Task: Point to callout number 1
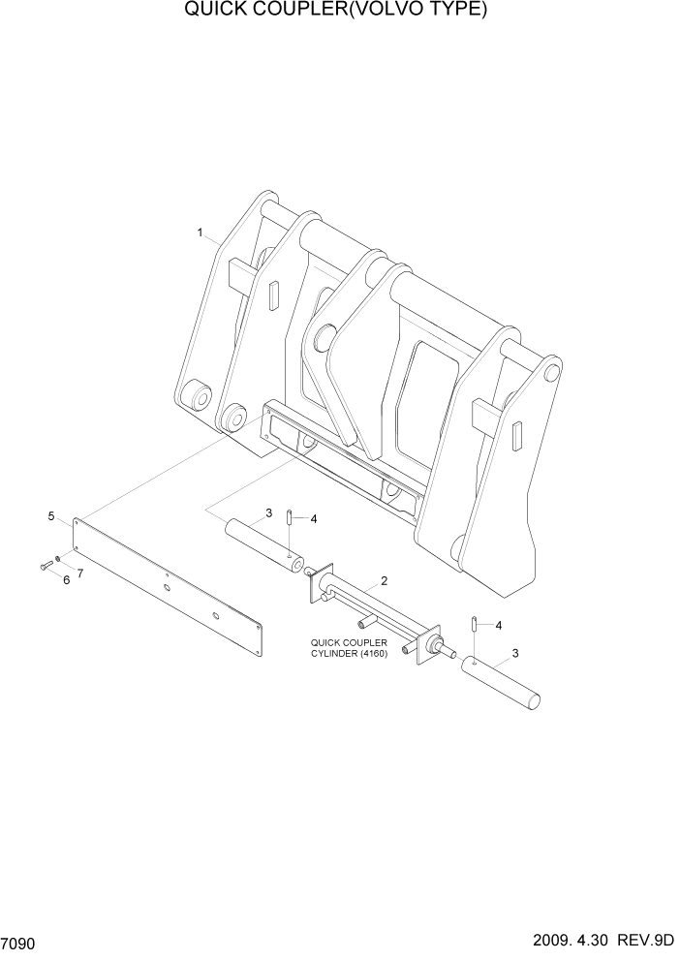(x=200, y=232)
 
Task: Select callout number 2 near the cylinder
(x=385, y=581)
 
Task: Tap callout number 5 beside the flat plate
(x=51, y=517)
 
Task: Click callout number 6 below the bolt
(x=66, y=580)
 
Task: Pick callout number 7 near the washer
(x=79, y=573)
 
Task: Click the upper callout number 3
(x=267, y=513)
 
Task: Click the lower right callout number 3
(x=514, y=653)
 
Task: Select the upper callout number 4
(x=313, y=519)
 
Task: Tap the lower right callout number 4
(x=498, y=626)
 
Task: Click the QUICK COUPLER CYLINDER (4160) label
(x=349, y=647)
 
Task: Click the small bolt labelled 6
(x=45, y=566)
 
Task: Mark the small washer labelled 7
(x=58, y=559)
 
